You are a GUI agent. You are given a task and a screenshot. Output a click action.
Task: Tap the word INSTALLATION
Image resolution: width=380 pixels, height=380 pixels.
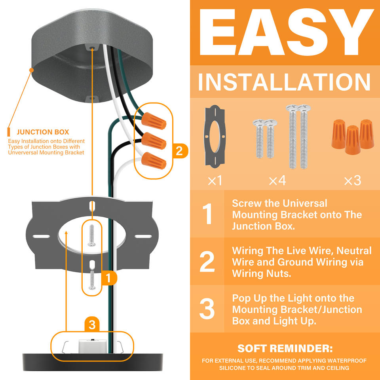point(285,82)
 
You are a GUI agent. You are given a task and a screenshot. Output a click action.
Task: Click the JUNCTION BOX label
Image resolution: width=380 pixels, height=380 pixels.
point(43,132)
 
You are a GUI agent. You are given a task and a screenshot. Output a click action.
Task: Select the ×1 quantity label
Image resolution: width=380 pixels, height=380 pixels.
point(215,180)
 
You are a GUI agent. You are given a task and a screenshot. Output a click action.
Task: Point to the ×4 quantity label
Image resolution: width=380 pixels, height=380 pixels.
point(277,180)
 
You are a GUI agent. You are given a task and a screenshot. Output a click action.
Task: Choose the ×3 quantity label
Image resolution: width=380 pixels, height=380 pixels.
point(353,180)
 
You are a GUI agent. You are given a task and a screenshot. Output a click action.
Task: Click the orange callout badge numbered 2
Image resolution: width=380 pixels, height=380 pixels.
point(180,151)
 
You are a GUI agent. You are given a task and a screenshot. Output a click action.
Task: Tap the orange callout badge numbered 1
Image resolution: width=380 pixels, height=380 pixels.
point(109,278)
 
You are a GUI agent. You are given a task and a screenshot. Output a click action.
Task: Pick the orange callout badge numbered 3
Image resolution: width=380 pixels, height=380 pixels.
point(92,325)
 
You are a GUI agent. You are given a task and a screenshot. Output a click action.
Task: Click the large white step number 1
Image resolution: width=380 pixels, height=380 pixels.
point(208,214)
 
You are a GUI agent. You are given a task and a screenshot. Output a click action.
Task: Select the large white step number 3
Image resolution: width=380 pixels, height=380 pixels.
point(207,308)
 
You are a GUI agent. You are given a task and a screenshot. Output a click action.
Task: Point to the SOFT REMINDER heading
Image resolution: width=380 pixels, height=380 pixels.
point(285,348)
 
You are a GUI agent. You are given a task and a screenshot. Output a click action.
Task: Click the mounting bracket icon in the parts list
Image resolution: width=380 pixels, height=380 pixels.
point(215,137)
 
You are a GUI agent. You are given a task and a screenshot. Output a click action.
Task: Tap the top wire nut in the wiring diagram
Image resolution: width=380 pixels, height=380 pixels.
point(154,121)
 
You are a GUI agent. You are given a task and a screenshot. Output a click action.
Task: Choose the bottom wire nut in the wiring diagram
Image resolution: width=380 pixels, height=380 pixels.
point(154,160)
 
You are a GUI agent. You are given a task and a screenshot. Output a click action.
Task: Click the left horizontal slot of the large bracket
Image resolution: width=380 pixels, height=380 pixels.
point(41,236)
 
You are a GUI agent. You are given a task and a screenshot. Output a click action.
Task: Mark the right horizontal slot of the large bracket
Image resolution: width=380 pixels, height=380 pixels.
point(143,236)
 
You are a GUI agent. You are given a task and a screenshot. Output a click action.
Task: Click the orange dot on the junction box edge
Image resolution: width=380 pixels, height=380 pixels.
point(32,70)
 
